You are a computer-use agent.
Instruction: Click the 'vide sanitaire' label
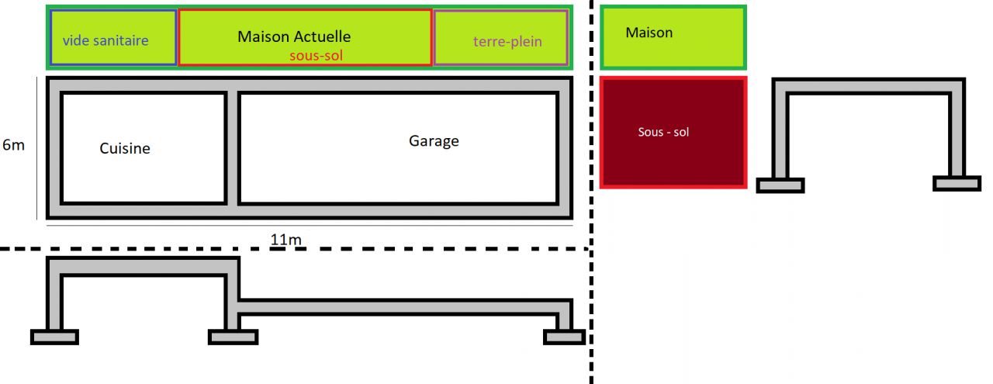[x=105, y=40]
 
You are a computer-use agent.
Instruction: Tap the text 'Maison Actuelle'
[x=294, y=36]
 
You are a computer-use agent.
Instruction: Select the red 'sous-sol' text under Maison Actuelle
[x=316, y=56]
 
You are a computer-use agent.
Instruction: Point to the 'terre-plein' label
[x=507, y=41]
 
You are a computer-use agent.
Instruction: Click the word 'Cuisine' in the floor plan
[x=125, y=148]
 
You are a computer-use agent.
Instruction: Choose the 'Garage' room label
[x=434, y=141]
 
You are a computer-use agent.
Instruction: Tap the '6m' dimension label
[x=13, y=145]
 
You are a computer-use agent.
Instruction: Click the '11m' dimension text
[x=285, y=240]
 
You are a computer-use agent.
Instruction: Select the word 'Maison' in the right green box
[x=649, y=33]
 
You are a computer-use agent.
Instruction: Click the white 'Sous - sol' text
[x=663, y=133]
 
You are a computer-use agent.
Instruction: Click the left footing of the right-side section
[x=780, y=185]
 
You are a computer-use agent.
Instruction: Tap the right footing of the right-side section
[x=957, y=183]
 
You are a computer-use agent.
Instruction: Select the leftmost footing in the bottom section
[x=54, y=337]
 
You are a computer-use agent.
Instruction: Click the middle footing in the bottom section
[x=233, y=337]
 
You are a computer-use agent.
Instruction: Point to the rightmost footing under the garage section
[x=564, y=337]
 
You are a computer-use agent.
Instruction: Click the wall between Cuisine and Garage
[x=232, y=147]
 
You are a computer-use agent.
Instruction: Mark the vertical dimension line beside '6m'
[x=37, y=147]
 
